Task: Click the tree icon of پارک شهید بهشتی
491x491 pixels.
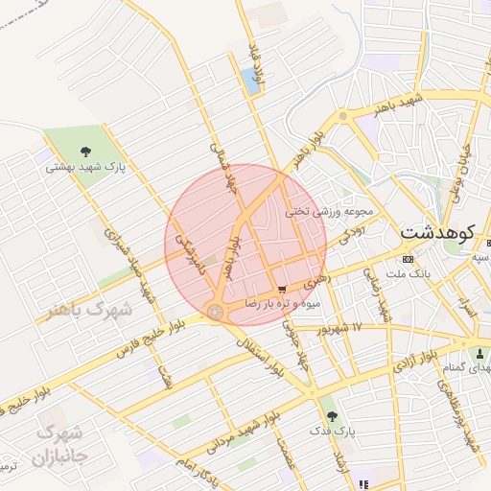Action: point(85,151)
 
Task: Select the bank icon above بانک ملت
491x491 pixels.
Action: point(409,259)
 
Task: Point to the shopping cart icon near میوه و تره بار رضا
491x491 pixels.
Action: point(281,289)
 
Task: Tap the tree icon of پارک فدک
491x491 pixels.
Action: point(332,416)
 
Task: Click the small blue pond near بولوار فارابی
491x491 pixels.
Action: point(252,82)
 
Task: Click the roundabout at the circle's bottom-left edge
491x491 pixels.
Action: point(215,312)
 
